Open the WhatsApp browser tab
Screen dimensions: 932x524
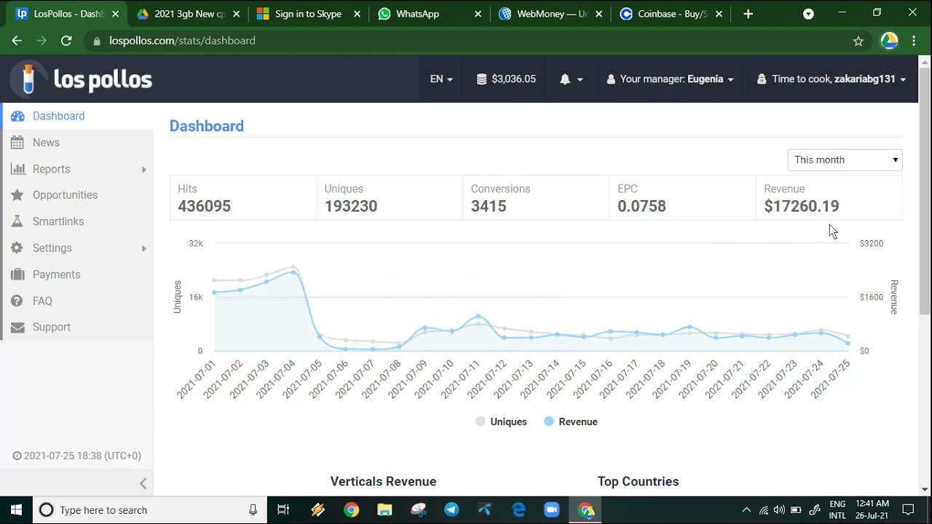click(417, 14)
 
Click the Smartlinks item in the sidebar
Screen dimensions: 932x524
click(58, 222)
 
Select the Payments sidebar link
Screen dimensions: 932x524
click(56, 274)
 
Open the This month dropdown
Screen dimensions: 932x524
click(845, 160)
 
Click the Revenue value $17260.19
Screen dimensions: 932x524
click(802, 206)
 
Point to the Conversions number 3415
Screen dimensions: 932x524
click(489, 206)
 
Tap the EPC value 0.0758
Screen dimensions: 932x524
click(641, 206)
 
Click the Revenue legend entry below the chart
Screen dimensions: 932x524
click(571, 421)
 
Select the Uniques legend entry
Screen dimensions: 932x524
click(501, 421)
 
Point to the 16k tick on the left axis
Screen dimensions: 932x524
click(196, 298)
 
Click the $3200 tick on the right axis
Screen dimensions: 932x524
click(872, 243)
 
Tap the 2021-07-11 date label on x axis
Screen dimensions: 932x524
click(459, 379)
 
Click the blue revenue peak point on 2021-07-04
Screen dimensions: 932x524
click(293, 272)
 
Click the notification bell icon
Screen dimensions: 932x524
click(564, 79)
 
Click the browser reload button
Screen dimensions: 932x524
click(66, 41)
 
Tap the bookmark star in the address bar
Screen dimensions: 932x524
click(858, 41)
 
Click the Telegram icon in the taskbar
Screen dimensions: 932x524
click(451, 510)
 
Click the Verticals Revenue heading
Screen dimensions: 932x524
click(383, 482)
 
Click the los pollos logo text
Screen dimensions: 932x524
click(103, 79)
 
